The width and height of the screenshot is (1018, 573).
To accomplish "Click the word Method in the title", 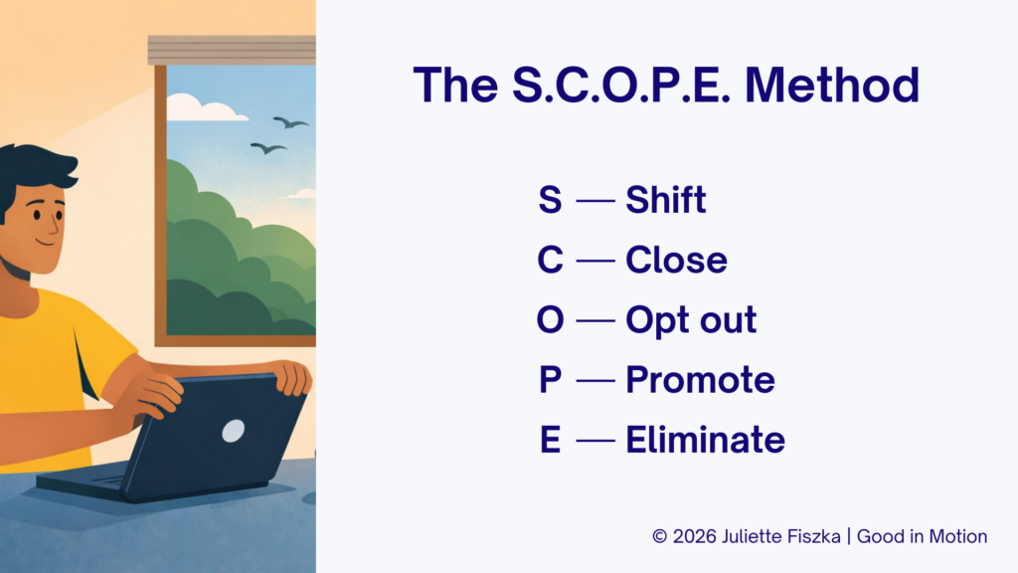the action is (832, 85).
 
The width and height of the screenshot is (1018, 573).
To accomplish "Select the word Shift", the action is (665, 199).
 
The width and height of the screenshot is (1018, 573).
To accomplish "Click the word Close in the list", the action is (676, 260).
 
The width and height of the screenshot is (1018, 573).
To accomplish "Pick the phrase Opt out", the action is (691, 320).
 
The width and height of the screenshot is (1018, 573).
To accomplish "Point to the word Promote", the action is (700, 380).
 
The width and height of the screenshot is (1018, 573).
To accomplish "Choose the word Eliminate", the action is (705, 440).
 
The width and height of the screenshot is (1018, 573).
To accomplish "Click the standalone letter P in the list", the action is (550, 380).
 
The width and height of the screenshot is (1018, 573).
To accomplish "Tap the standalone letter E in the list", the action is (550, 440).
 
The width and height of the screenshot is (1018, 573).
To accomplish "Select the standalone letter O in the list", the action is (550, 319).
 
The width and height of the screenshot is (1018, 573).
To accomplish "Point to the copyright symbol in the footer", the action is (660, 536).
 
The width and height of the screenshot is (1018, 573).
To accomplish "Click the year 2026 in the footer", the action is (695, 536).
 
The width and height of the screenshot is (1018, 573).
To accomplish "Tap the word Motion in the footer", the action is (958, 536).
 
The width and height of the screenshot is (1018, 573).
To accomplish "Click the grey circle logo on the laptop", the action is (233, 431).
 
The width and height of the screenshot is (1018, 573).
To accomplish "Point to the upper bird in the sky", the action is (290, 122).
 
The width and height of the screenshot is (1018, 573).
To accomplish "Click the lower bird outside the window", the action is (268, 148).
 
